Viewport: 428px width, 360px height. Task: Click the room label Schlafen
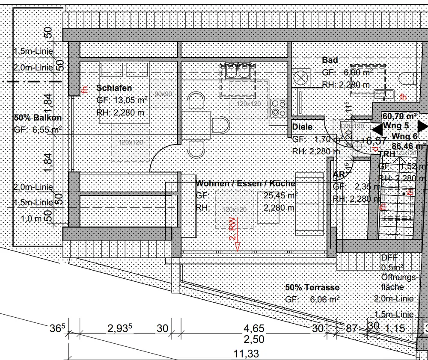click(114, 88)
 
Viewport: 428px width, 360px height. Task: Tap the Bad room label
click(330, 60)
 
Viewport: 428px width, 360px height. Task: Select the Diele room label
click(302, 127)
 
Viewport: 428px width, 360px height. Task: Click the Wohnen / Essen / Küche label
click(245, 183)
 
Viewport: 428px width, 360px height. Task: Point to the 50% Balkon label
click(38, 118)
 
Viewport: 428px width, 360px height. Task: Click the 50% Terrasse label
click(312, 288)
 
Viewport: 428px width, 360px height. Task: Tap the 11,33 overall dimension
click(247, 354)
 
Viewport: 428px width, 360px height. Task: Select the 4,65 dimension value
click(254, 328)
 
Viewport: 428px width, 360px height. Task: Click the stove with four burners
click(279, 107)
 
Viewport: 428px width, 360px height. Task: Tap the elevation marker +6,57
click(374, 140)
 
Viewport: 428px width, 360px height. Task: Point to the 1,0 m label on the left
click(33, 218)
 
